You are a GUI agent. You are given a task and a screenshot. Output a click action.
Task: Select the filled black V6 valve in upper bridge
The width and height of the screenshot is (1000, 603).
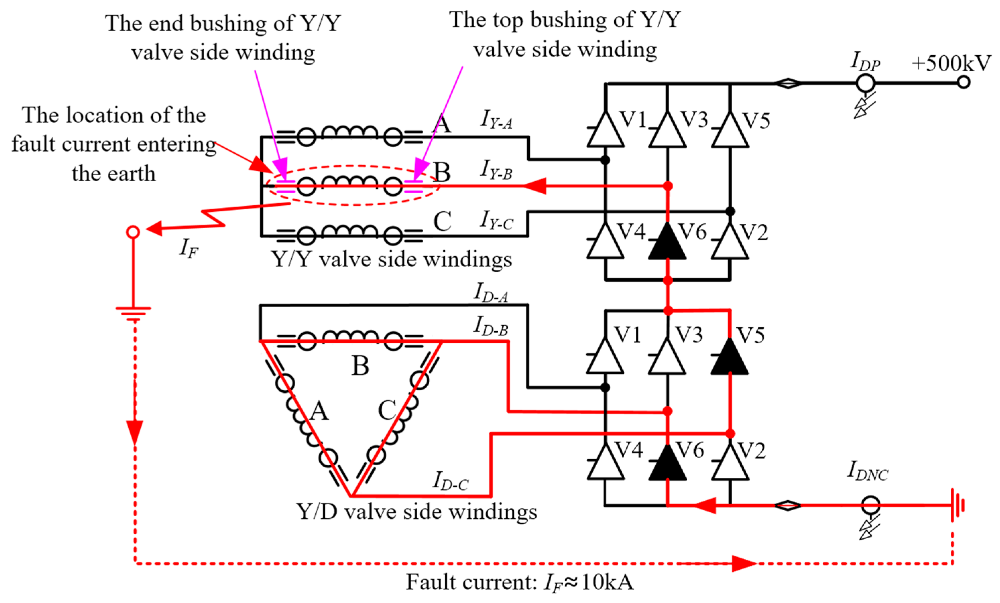pos(667,243)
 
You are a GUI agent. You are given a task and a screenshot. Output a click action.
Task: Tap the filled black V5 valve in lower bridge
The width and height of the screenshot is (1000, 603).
pos(729,357)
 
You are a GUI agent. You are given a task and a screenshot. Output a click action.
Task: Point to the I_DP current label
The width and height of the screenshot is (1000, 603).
pos(865,61)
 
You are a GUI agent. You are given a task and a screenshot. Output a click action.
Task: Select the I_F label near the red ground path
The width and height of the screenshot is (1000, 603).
pos(189,248)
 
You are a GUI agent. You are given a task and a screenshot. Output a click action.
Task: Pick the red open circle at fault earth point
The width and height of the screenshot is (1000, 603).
pos(133,232)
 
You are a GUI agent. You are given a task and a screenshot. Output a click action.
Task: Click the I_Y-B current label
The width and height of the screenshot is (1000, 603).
pos(496,169)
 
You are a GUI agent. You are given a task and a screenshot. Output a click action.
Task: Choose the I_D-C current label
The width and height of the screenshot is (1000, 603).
pos(450,482)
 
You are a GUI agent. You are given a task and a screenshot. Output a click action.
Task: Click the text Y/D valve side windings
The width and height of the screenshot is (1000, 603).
pos(417,511)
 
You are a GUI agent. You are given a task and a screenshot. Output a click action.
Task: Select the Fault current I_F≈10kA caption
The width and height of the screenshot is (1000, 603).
pos(519,583)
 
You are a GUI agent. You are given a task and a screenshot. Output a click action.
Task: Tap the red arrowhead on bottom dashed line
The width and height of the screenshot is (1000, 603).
pos(744,563)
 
